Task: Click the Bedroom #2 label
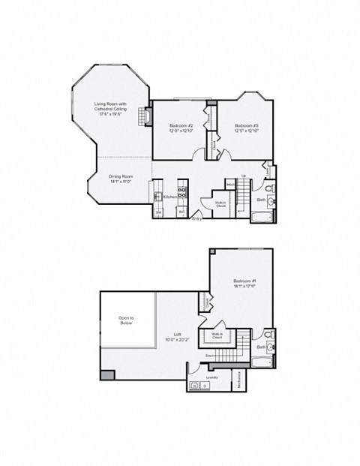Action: [x=181, y=128]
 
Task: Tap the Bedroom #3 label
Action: [x=246, y=128]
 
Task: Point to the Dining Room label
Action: [x=120, y=179]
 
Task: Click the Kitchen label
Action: [x=169, y=197]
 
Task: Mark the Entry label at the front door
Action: [x=196, y=219]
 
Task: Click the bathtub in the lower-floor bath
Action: [x=259, y=218]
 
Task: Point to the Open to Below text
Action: [x=126, y=320]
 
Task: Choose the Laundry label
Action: [x=212, y=377]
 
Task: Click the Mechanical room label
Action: [x=240, y=380]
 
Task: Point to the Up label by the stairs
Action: [x=244, y=176]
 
